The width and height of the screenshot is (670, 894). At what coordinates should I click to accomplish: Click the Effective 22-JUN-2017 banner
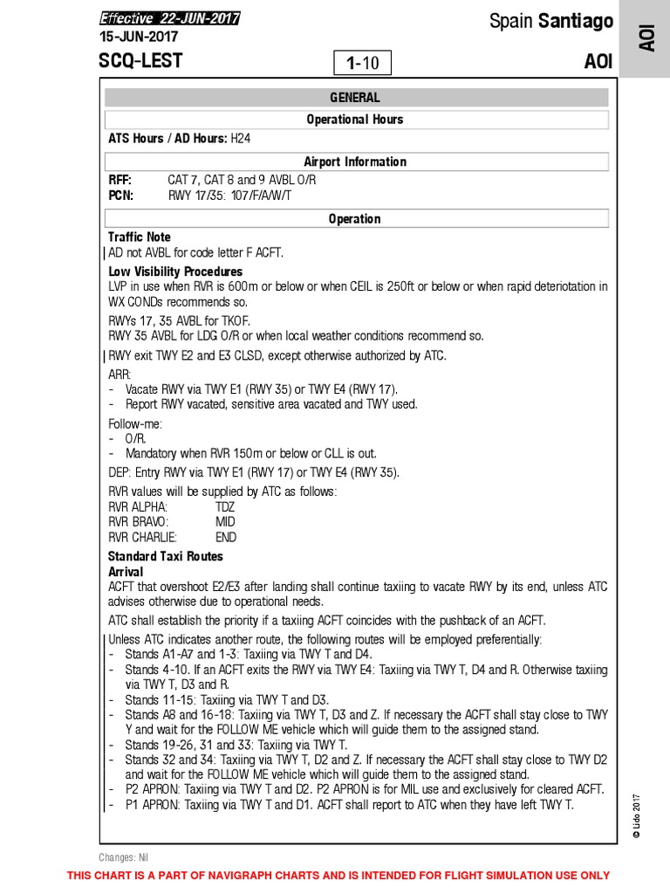(169, 18)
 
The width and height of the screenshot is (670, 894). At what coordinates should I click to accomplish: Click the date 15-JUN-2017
(139, 37)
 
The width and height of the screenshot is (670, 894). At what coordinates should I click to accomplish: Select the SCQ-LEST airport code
(140, 62)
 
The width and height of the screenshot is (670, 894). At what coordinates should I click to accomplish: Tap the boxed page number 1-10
(363, 63)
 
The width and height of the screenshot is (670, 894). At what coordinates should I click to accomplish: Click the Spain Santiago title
(550, 21)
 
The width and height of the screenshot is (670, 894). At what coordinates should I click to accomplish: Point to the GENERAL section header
(354, 98)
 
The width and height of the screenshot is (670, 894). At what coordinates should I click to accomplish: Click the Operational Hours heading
(354, 120)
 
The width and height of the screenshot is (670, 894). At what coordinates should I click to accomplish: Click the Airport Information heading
(354, 162)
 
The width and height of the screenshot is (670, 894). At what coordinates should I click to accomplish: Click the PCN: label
(120, 196)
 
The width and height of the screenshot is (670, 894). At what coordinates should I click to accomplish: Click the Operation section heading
(354, 219)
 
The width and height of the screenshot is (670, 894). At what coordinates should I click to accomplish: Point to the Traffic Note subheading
(140, 237)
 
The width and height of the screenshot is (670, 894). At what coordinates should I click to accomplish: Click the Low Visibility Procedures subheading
(175, 272)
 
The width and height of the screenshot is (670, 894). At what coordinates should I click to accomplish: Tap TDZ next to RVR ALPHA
(225, 507)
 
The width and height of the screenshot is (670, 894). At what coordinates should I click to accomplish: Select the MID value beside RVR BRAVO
(225, 522)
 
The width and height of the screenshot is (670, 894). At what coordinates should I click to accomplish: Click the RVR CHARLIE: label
(142, 538)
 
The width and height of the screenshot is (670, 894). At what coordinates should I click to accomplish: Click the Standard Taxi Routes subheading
(166, 556)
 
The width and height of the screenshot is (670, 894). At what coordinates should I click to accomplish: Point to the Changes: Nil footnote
(124, 857)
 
